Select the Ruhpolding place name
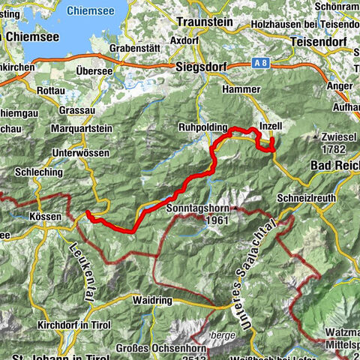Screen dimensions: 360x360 (x=202, y=126)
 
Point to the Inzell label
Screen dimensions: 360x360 (x=271, y=126)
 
